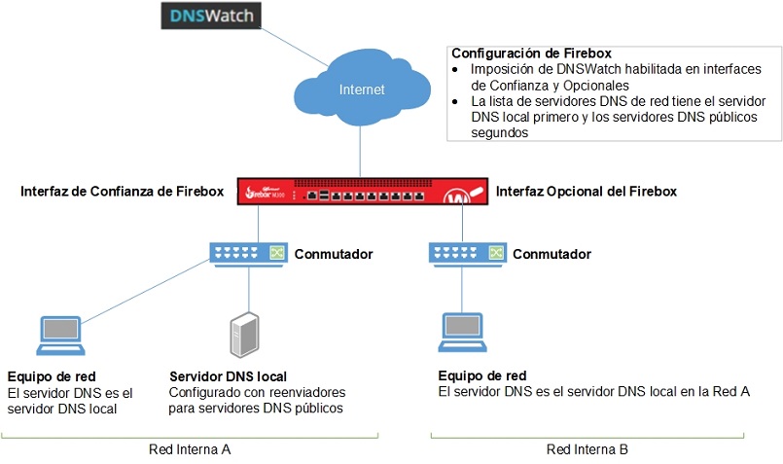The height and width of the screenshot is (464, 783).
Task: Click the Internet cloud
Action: click(x=361, y=89)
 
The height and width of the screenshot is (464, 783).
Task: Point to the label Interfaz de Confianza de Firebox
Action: click(x=122, y=192)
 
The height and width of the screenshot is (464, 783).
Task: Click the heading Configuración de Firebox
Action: click(x=530, y=53)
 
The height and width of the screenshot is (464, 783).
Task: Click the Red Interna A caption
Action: click(x=190, y=449)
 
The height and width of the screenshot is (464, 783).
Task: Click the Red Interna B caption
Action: click(x=587, y=449)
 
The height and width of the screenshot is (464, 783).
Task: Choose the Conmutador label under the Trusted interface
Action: click(x=334, y=254)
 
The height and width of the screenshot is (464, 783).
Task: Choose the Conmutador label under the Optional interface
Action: click(x=552, y=254)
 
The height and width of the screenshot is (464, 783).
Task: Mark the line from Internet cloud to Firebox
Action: click(x=361, y=146)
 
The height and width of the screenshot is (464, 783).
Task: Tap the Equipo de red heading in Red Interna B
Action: click(x=482, y=375)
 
